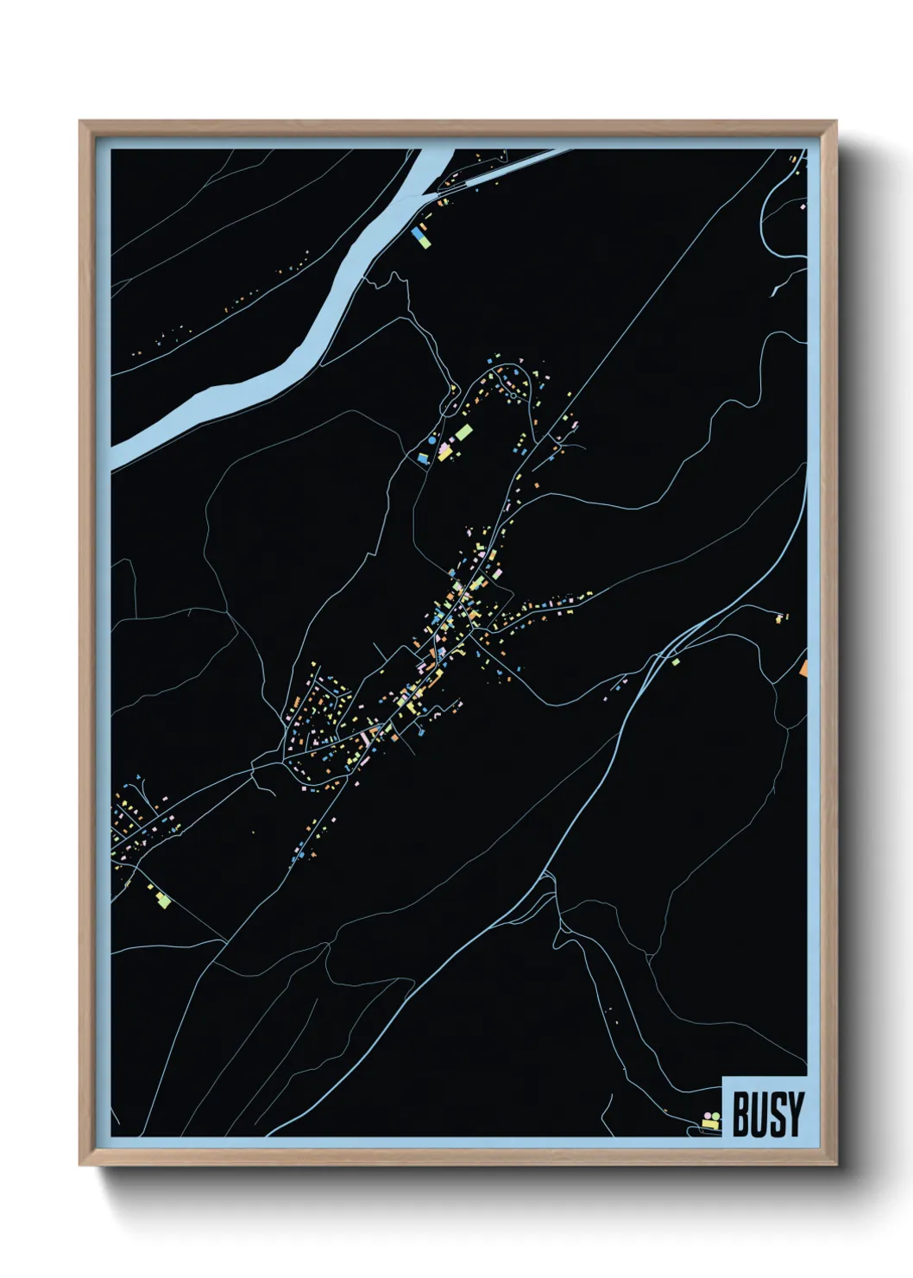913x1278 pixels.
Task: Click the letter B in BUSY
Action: click(x=740, y=1114)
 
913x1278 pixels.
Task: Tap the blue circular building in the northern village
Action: click(x=432, y=440)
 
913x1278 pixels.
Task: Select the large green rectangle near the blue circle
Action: click(x=463, y=431)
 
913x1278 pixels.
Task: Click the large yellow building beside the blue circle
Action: click(x=445, y=452)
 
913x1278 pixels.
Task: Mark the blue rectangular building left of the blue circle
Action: click(x=422, y=458)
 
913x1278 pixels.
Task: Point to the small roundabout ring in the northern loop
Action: click(x=513, y=395)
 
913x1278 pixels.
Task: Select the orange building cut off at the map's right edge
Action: click(x=803, y=667)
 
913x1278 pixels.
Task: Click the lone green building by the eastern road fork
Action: click(x=676, y=662)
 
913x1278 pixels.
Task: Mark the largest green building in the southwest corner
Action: click(x=163, y=902)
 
